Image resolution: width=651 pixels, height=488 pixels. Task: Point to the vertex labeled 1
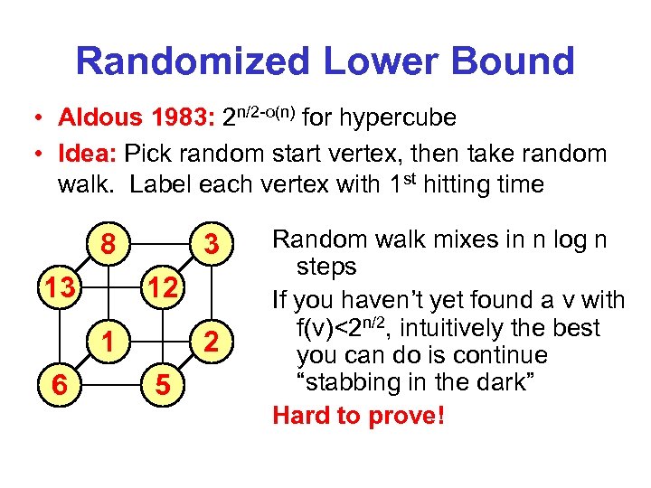click(108, 341)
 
